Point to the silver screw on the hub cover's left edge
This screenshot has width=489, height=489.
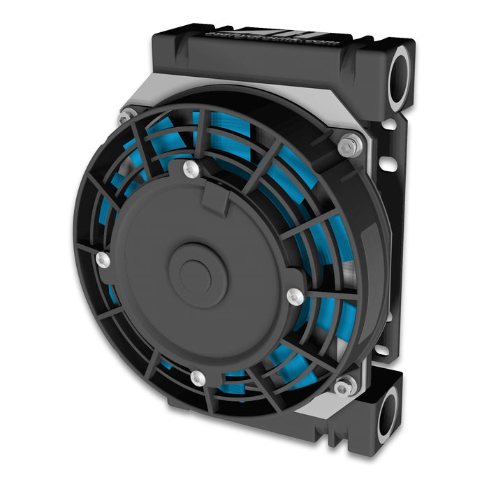pyautogui.click(x=103, y=261)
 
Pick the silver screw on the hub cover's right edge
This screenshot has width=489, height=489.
pyautogui.click(x=295, y=296)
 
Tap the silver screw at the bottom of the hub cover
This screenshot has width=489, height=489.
pyautogui.click(x=198, y=379)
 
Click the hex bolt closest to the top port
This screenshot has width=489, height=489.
pyautogui.click(x=349, y=146)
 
